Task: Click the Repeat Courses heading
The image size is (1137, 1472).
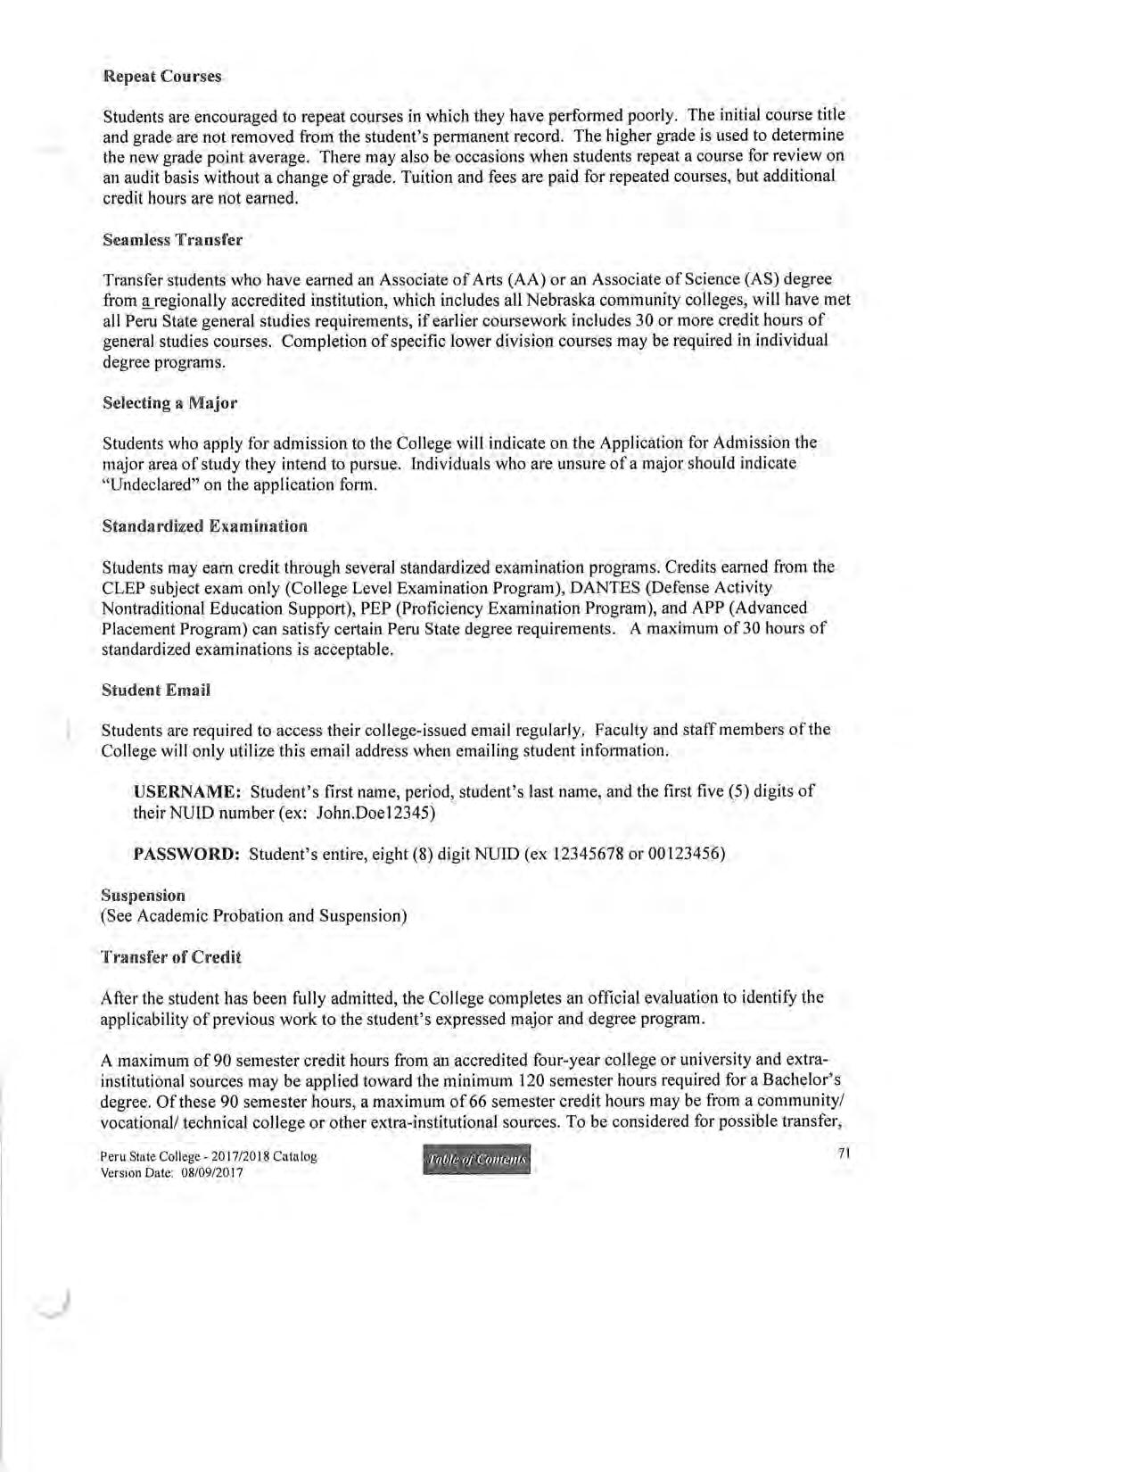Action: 162,76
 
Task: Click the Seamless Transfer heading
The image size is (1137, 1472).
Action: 172,240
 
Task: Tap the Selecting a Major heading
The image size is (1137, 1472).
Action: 169,403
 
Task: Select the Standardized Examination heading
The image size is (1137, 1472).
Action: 204,525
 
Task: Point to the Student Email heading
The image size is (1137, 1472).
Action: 156,690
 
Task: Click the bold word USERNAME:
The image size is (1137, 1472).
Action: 187,791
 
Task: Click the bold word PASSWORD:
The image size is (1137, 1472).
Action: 186,854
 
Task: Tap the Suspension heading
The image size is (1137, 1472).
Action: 144,895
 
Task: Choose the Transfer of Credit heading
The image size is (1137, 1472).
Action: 171,957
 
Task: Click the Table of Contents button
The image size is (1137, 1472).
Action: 477,1159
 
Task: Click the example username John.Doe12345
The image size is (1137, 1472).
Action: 383,813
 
